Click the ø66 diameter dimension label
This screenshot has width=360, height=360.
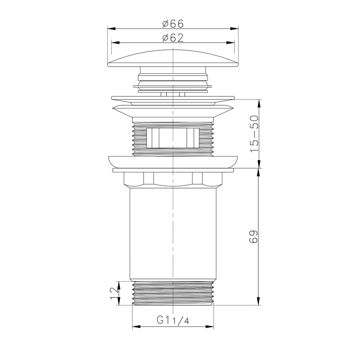(173, 23)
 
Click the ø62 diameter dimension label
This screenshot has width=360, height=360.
(173, 38)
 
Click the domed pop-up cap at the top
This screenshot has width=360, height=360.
(173, 58)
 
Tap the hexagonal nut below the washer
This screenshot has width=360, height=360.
(173, 180)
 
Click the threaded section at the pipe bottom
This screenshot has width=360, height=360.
(173, 294)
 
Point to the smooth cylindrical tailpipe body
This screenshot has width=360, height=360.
(173, 234)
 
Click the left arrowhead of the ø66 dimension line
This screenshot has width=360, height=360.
(111, 28)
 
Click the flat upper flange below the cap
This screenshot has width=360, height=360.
(173, 97)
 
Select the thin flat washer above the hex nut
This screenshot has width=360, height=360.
(173, 171)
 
